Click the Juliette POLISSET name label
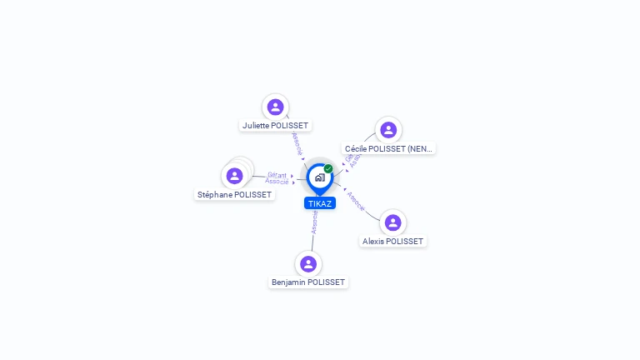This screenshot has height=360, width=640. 275,126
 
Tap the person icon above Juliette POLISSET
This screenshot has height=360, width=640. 275,107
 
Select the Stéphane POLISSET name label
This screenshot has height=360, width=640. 234,195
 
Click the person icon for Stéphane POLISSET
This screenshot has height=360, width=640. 234,176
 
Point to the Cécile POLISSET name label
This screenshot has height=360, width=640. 389,149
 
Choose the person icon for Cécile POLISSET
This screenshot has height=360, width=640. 387,130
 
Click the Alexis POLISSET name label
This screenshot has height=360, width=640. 392,242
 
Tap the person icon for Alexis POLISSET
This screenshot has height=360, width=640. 392,222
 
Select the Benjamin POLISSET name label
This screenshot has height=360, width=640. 307,282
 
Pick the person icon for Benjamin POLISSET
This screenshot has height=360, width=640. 308,263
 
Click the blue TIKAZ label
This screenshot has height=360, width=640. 319,203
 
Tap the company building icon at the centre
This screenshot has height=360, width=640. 319,177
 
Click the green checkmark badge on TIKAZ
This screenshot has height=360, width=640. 328,168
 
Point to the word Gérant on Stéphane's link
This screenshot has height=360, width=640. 277,175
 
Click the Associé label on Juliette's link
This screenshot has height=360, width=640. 297,143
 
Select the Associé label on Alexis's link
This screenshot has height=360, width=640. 356,202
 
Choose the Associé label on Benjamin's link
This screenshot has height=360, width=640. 314,221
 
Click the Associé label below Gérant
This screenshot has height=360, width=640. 277,182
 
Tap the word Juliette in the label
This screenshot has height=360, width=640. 257,126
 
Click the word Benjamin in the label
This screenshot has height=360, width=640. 288,282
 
